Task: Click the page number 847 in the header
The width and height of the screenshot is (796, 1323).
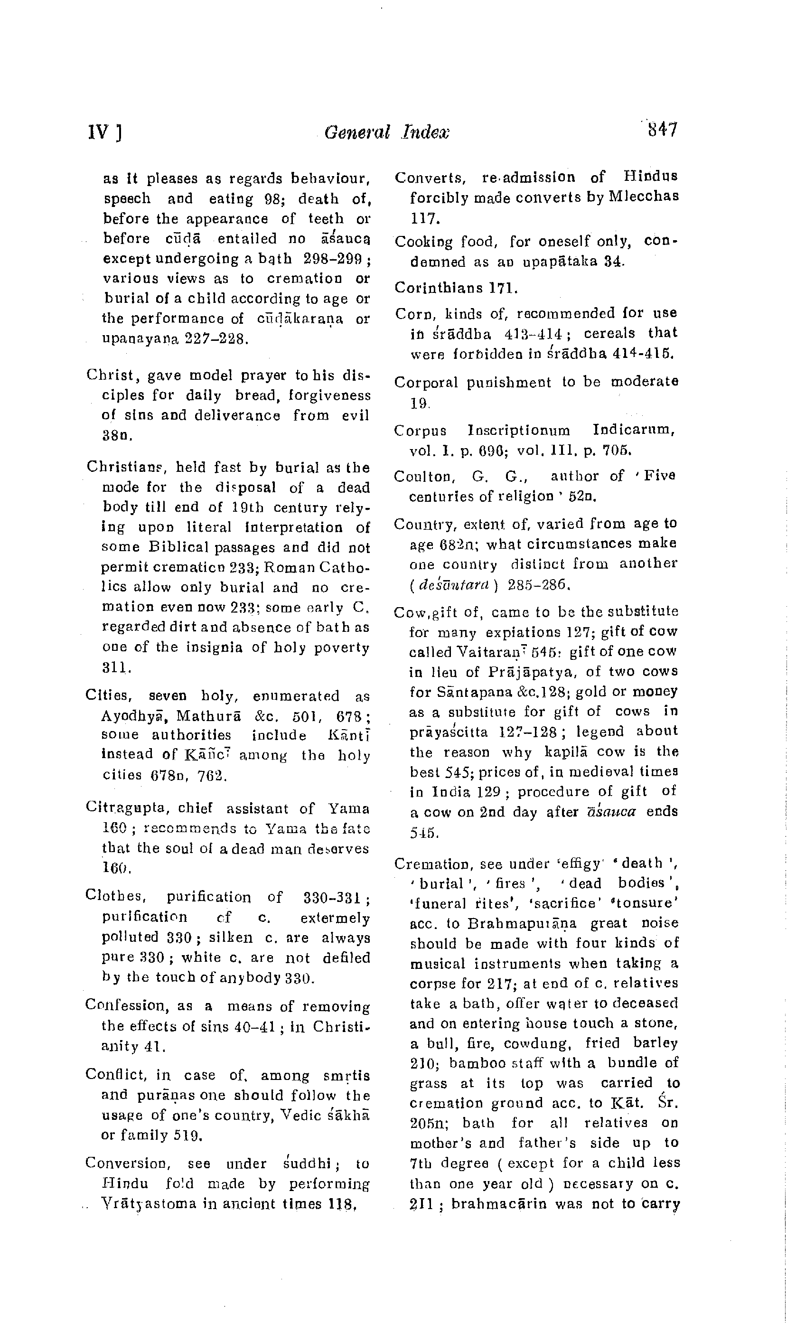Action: click(663, 131)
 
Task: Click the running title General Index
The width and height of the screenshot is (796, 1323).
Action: click(386, 132)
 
